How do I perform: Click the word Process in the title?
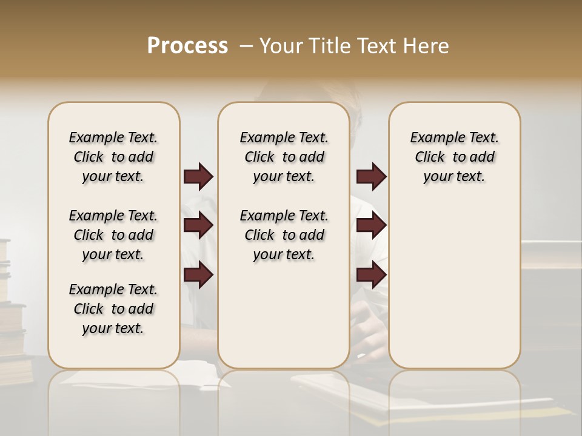pos(187,45)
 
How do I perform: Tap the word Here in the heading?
pos(426,45)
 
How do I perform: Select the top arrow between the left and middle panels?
pos(198,177)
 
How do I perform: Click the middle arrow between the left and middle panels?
pos(198,226)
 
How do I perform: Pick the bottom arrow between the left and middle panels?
pos(198,275)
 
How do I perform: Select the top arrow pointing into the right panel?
pos(371,177)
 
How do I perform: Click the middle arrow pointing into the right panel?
pos(371,226)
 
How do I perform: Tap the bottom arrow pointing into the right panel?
pos(371,275)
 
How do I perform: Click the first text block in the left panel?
pos(113,157)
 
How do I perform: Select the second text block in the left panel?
pos(113,235)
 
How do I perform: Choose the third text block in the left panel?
pos(113,309)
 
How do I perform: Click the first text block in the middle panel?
pos(284,157)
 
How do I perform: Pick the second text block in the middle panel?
pos(284,235)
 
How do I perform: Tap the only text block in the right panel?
pos(454,157)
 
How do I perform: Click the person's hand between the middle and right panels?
pos(369,324)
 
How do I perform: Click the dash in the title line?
pos(246,45)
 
